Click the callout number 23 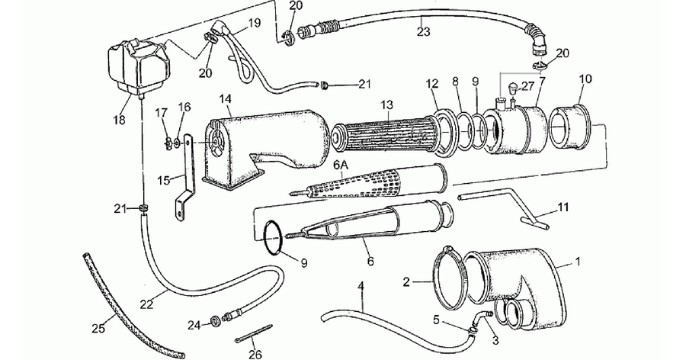point(424,31)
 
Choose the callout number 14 point(226,98)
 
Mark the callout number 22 point(147,304)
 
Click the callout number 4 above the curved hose point(361,287)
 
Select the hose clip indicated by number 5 point(471,331)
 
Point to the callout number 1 point(578,262)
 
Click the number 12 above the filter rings point(432,83)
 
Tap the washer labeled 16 point(176,142)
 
